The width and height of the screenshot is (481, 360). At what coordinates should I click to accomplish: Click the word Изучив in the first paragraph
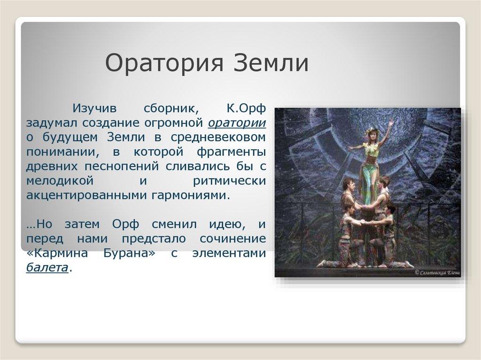93,108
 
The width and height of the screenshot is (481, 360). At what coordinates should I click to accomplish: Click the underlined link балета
47,268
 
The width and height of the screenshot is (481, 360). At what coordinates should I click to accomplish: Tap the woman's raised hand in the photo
391,123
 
